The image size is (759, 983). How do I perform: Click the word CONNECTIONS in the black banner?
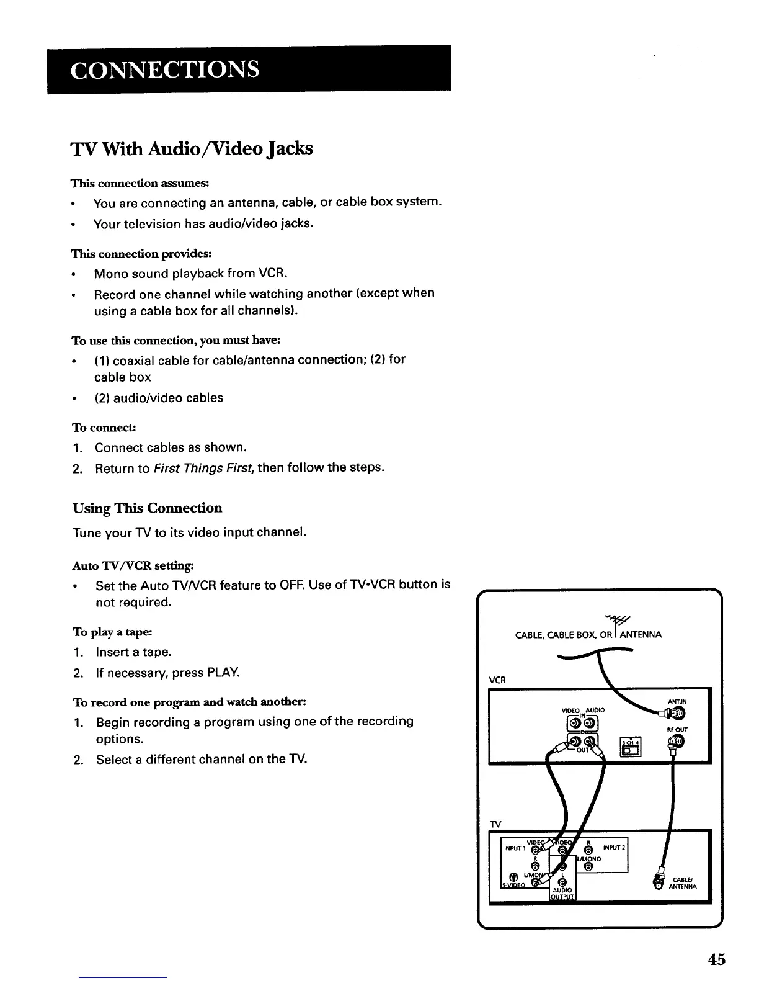click(x=164, y=69)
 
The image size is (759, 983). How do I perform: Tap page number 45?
click(x=716, y=959)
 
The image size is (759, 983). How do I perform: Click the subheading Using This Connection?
click(x=147, y=508)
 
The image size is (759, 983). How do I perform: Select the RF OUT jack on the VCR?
click(x=676, y=743)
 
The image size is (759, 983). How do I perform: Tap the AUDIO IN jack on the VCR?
click(x=589, y=724)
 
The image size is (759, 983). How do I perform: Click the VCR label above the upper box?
click(x=497, y=680)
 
